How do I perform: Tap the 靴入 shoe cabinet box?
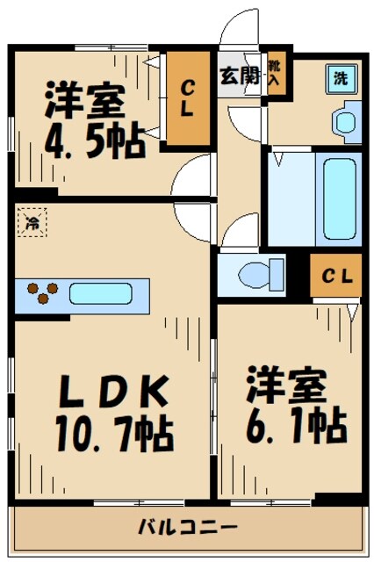(276, 73)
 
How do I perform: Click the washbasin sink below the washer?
(348, 118)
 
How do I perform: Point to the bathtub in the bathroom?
(338, 203)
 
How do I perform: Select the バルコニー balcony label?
(187, 529)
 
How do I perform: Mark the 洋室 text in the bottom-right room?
(286, 385)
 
